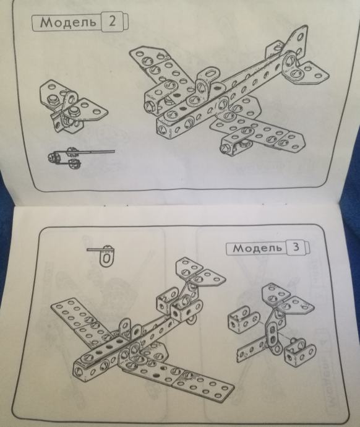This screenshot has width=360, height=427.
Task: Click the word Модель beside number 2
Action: pos(68,22)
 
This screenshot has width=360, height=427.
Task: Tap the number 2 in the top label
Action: pos(112,21)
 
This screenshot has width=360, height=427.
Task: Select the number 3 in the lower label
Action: pos(296,247)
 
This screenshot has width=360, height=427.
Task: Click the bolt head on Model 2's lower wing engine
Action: pos(226,149)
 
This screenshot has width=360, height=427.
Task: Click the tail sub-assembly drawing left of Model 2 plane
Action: pos(73,106)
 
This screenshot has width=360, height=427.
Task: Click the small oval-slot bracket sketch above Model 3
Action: pos(105,255)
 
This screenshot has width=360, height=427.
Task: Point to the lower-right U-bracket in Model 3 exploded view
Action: pos(300,352)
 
